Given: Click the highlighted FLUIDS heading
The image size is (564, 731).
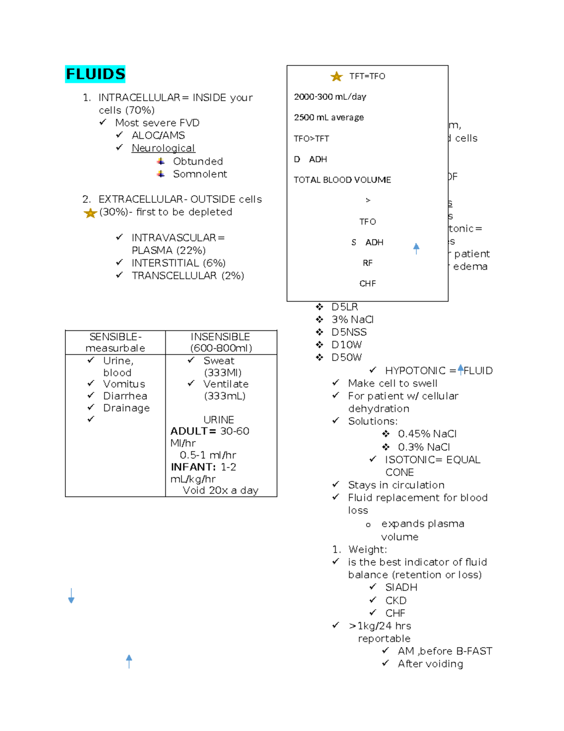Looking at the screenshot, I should (95, 74).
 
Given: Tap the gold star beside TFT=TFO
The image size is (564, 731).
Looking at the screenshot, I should (337, 76).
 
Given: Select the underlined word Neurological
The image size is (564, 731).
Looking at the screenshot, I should (163, 148).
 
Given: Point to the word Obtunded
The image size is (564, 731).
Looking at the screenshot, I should (198, 161).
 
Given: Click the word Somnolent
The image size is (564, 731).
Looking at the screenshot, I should (200, 174).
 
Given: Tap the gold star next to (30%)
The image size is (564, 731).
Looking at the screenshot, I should (90, 213).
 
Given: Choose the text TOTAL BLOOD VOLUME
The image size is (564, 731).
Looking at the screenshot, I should (342, 180).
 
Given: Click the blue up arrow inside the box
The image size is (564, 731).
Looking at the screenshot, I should (416, 249).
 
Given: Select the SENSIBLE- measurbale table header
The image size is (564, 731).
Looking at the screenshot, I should (115, 343).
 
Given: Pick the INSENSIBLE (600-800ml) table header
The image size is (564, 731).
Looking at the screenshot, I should (221, 343).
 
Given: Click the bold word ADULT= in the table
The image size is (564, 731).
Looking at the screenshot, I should (193, 431).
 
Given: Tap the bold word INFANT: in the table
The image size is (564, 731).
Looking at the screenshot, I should (193, 467).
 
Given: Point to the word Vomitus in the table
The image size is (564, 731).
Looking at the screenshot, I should (124, 384).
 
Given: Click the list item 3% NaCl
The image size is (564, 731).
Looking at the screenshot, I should (352, 320).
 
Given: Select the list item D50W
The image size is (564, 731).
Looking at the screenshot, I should (346, 358).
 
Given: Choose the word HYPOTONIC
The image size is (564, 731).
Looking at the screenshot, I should (415, 371).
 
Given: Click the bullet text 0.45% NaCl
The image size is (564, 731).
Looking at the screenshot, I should (427, 434).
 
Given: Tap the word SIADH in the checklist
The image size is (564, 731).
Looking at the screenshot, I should (401, 587).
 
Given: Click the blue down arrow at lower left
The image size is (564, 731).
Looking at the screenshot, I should (71, 596).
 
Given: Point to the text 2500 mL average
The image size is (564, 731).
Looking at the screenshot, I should (329, 117).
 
